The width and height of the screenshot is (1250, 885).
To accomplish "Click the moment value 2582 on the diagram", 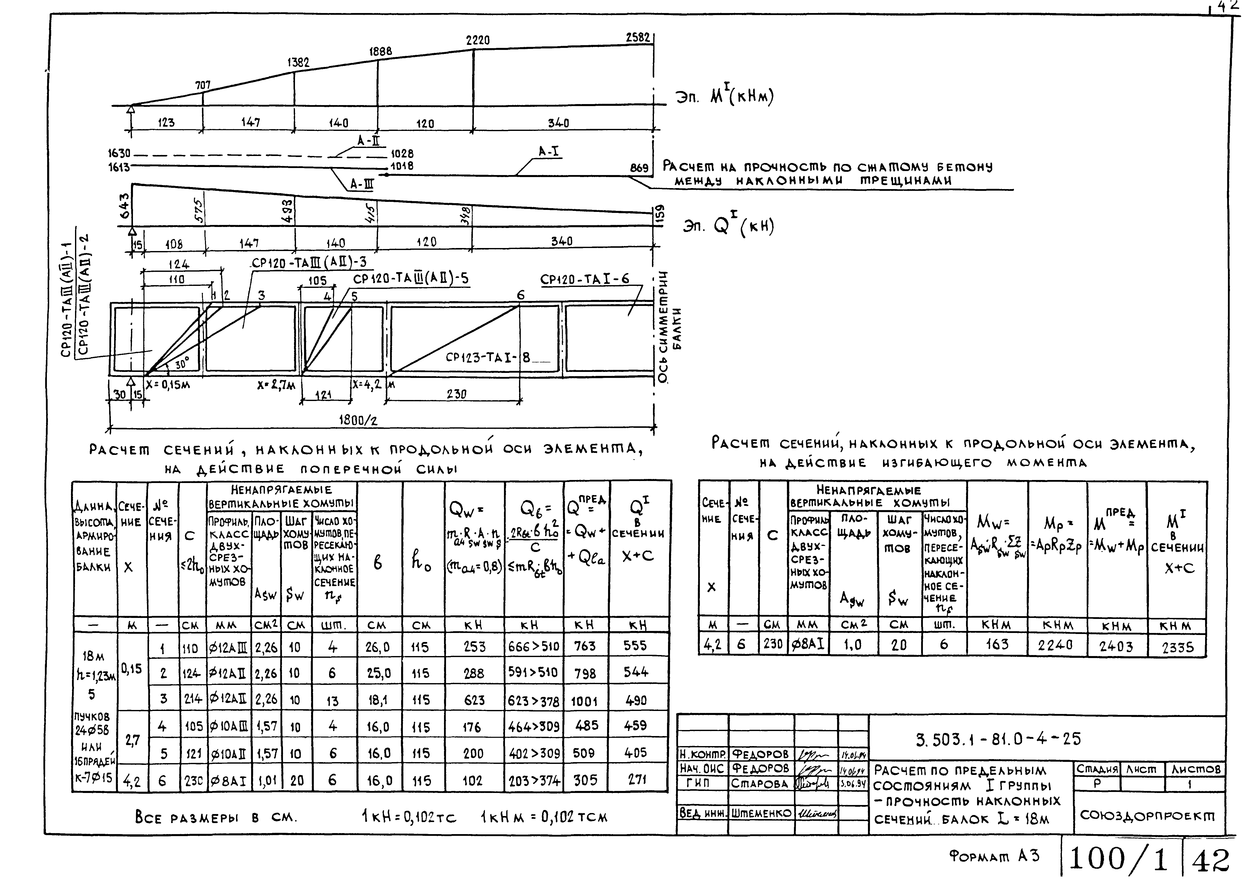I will click(638, 38).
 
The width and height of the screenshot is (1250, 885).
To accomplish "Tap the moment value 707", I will click(203, 86).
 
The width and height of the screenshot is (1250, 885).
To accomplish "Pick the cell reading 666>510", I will click(533, 647).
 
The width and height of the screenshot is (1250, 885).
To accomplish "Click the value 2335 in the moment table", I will click(1178, 648).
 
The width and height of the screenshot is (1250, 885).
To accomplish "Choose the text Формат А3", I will click(994, 856).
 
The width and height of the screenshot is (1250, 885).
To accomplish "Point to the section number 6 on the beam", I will click(521, 295).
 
